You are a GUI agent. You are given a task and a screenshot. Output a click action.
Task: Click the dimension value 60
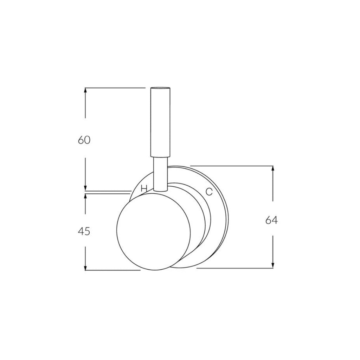pyautogui.click(x=84, y=140)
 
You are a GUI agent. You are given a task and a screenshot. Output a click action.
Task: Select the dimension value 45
pyautogui.click(x=84, y=231)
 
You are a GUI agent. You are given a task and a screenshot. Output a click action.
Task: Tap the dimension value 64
pyautogui.click(x=271, y=220)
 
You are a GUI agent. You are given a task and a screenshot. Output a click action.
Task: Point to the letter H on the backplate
pyautogui.click(x=143, y=188)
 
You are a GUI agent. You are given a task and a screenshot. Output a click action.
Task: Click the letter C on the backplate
pyautogui.click(x=209, y=192)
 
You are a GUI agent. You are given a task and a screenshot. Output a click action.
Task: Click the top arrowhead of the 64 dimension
pyautogui.click(x=273, y=169)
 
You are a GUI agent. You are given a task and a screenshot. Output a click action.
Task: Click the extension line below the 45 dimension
pyautogui.click(x=112, y=270)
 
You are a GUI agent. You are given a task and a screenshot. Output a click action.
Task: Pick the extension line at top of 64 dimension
pyautogui.click(x=232, y=165)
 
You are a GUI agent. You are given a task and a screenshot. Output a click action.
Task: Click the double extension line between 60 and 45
pyautogui.click(x=107, y=192)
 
